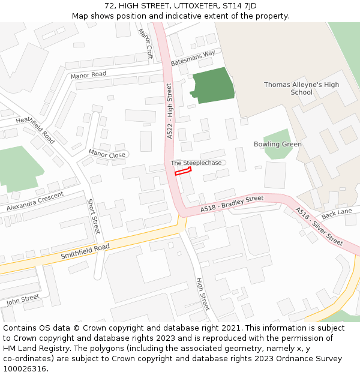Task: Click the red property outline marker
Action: coord(182,172)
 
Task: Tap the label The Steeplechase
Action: coord(196,163)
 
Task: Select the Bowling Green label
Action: coord(277,144)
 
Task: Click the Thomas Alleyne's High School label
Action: coord(301,88)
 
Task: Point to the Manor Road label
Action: coord(88,75)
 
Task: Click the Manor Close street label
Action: coord(107,154)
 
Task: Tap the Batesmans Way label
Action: coord(193,58)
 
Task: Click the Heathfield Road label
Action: coord(35,130)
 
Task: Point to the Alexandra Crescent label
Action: coord(35,202)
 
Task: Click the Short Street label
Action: coord(94,217)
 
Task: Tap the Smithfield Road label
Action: coord(85,252)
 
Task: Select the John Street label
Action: coord(23,300)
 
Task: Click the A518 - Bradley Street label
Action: coord(232,203)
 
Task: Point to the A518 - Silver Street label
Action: coord(319,226)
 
